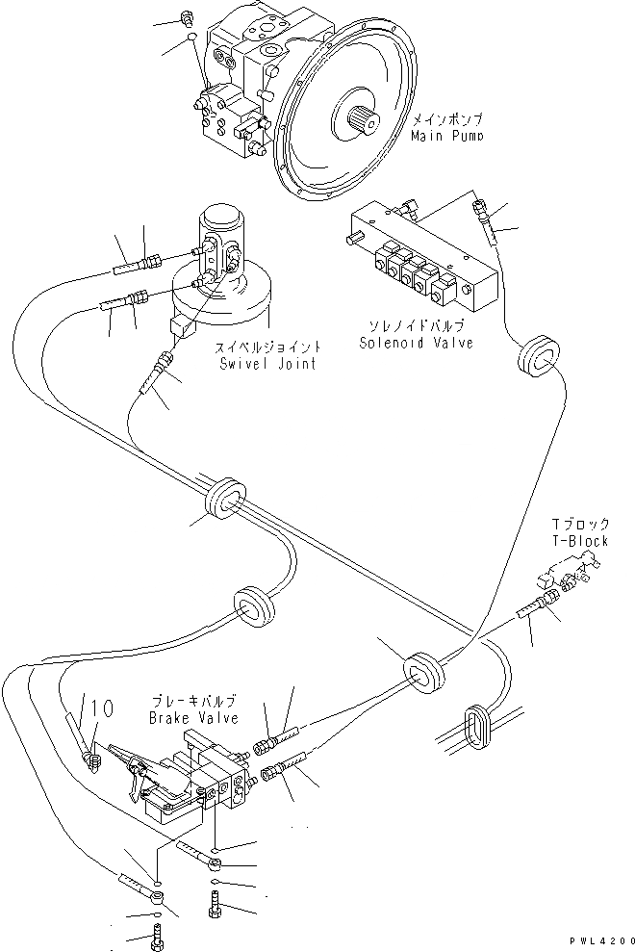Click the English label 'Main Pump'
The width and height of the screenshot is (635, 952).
[x=445, y=137]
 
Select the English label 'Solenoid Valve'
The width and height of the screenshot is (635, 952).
[x=416, y=343]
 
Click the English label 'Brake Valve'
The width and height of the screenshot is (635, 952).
[x=190, y=718]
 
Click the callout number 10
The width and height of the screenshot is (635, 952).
[x=103, y=709]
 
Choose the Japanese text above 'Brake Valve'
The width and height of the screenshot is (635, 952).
[x=190, y=703]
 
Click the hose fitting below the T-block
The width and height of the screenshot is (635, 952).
[x=538, y=613]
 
